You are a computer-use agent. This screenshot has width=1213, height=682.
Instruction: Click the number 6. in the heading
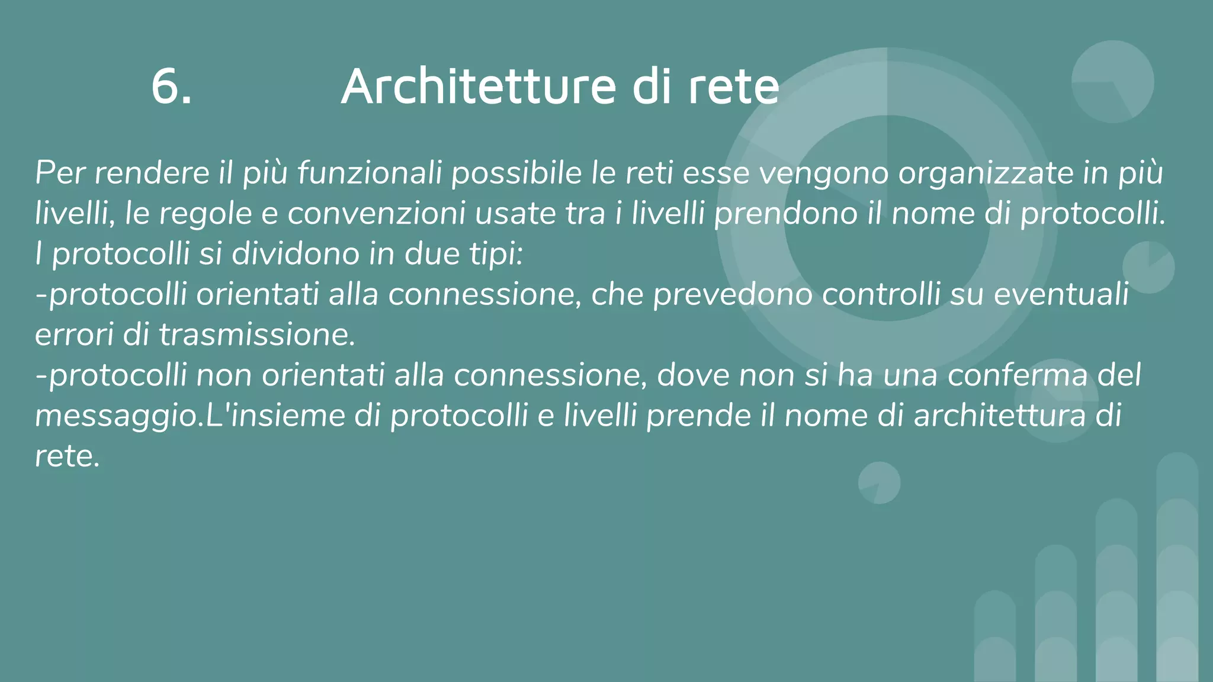pyautogui.click(x=171, y=87)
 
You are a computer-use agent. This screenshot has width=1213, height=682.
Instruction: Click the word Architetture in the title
pyautogui.click(x=479, y=87)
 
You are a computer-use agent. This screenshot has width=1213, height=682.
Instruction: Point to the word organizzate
pyautogui.click(x=983, y=173)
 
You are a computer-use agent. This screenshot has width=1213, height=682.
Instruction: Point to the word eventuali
pyautogui.click(x=1061, y=294)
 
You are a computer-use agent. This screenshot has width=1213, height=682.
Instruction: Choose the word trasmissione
pyautogui.click(x=256, y=335)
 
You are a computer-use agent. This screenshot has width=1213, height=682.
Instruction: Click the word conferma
pyautogui.click(x=1018, y=375)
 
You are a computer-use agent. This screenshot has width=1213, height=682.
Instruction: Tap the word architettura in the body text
pyautogui.click(x=1000, y=416)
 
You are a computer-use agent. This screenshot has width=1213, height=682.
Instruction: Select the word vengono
pyautogui.click(x=824, y=173)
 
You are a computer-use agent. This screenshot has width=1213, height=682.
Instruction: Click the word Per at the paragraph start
pyautogui.click(x=60, y=173)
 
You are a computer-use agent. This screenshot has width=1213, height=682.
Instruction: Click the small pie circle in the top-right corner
pyautogui.click(x=1112, y=82)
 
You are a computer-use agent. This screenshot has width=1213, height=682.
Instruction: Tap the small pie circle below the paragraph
pyautogui.click(x=879, y=482)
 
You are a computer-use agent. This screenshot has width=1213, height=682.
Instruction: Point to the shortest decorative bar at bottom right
pyautogui.click(x=995, y=636)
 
